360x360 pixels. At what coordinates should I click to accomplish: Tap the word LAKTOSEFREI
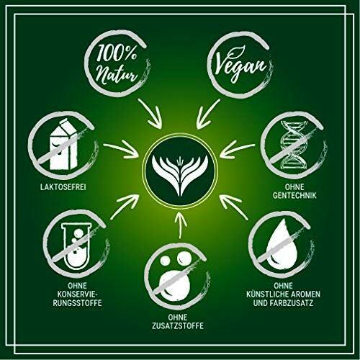[63, 187]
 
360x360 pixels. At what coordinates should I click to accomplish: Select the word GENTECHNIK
[294, 195]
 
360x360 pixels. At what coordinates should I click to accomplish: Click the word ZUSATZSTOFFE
[178, 325]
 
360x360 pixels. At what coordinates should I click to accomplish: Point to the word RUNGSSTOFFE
[77, 302]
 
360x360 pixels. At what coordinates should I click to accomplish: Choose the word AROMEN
[305, 294]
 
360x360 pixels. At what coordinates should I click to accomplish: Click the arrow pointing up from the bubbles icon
[180, 225]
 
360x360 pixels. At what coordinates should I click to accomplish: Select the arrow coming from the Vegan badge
[207, 113]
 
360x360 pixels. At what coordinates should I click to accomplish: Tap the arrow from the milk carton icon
[121, 149]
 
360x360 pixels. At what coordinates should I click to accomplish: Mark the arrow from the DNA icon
[237, 149]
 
